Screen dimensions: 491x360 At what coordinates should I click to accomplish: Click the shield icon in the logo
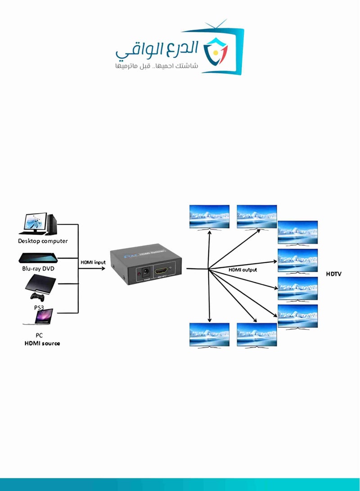(216, 53)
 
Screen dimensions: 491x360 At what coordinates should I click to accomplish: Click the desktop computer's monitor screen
(34, 222)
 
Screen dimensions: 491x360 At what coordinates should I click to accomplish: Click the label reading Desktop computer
(43, 241)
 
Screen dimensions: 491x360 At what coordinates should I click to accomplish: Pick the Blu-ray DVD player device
(38, 258)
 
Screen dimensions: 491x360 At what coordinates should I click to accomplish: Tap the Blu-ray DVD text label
(38, 269)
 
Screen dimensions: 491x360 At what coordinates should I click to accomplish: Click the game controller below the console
(37, 297)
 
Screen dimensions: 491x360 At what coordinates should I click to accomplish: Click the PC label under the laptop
(39, 335)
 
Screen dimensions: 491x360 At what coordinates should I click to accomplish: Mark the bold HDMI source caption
(42, 343)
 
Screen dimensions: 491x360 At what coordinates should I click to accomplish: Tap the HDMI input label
(93, 262)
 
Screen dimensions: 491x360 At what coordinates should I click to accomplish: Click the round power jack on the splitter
(140, 273)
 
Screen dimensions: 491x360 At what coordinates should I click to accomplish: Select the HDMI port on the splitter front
(161, 272)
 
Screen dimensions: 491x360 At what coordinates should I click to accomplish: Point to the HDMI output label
(242, 270)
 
